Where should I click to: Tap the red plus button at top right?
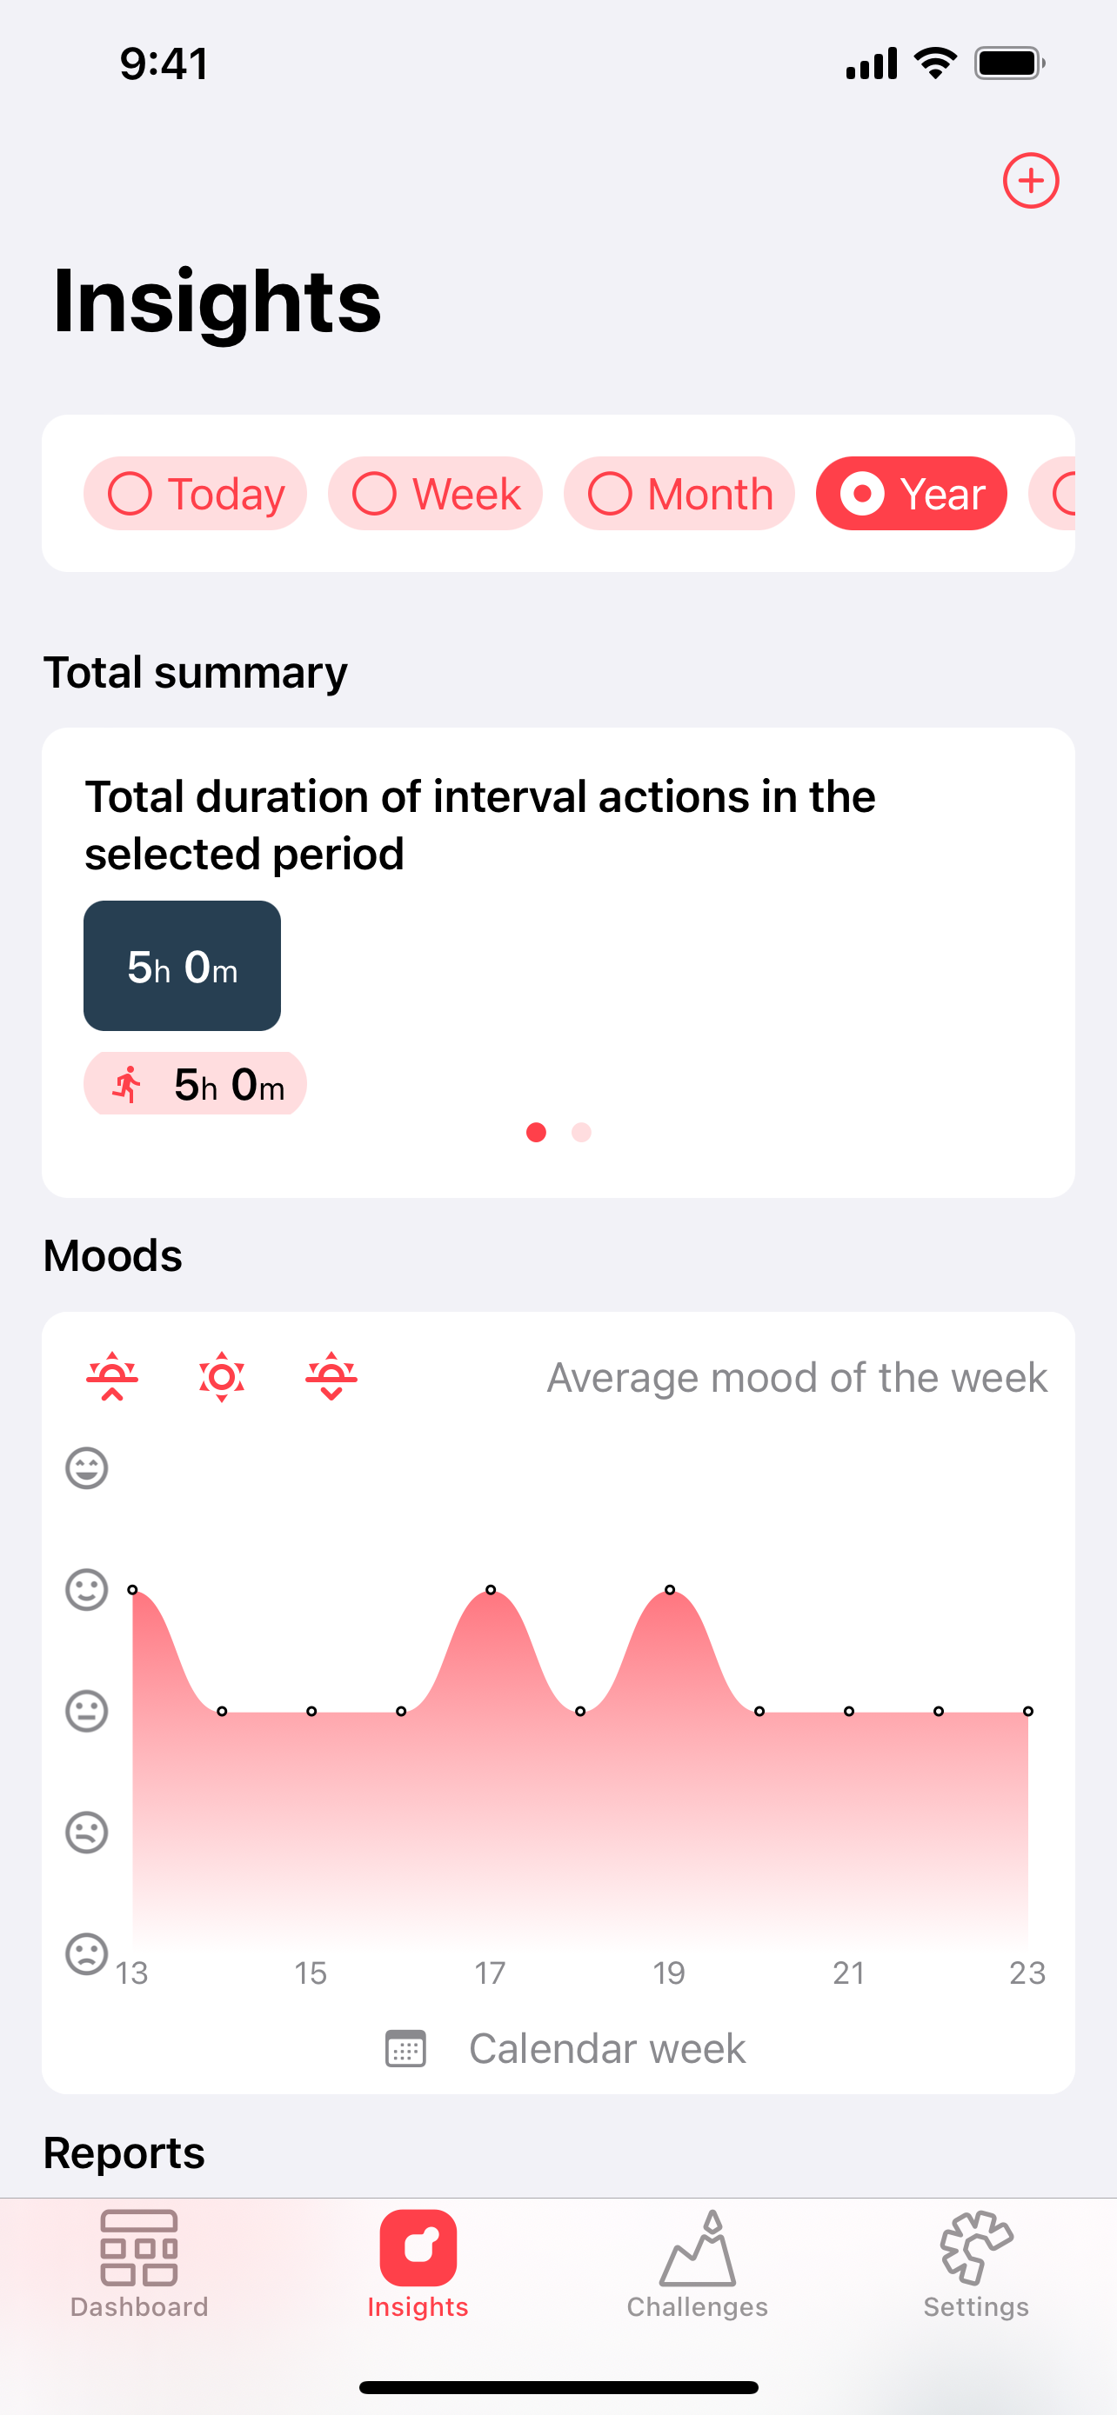point(1031,180)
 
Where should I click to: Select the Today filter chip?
point(195,493)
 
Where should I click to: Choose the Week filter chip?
point(435,493)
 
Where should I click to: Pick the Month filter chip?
point(679,493)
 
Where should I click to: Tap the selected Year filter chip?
point(912,493)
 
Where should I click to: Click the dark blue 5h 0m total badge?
point(182,966)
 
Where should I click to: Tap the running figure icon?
point(127,1085)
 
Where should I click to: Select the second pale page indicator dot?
point(581,1133)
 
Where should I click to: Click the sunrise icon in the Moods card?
point(112,1376)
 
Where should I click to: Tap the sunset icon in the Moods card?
point(332,1376)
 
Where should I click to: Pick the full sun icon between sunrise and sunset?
point(223,1376)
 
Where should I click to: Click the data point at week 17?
point(491,1590)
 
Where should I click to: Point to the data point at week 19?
point(670,1590)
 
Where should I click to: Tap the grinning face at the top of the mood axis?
point(86,1468)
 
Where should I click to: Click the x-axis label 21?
point(849,1973)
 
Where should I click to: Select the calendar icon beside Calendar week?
point(406,2048)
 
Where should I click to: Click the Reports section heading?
point(124,2152)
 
